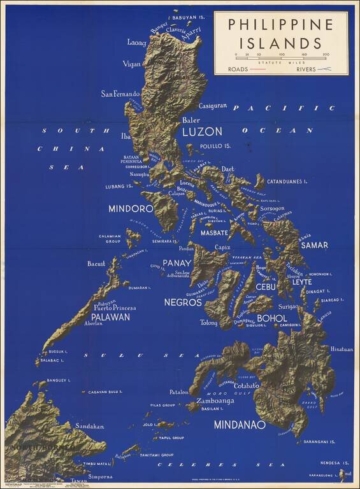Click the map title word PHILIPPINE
coord(280,25)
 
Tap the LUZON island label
coord(202,132)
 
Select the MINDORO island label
coord(131,208)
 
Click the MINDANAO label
coord(239,424)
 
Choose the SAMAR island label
coord(314,244)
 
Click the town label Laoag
coord(136,43)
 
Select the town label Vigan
coord(131,64)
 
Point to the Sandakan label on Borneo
coord(89,426)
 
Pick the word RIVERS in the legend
coord(309,68)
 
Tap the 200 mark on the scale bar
coord(326,55)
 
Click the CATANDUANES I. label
coord(287,181)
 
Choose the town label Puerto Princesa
coord(115,308)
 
